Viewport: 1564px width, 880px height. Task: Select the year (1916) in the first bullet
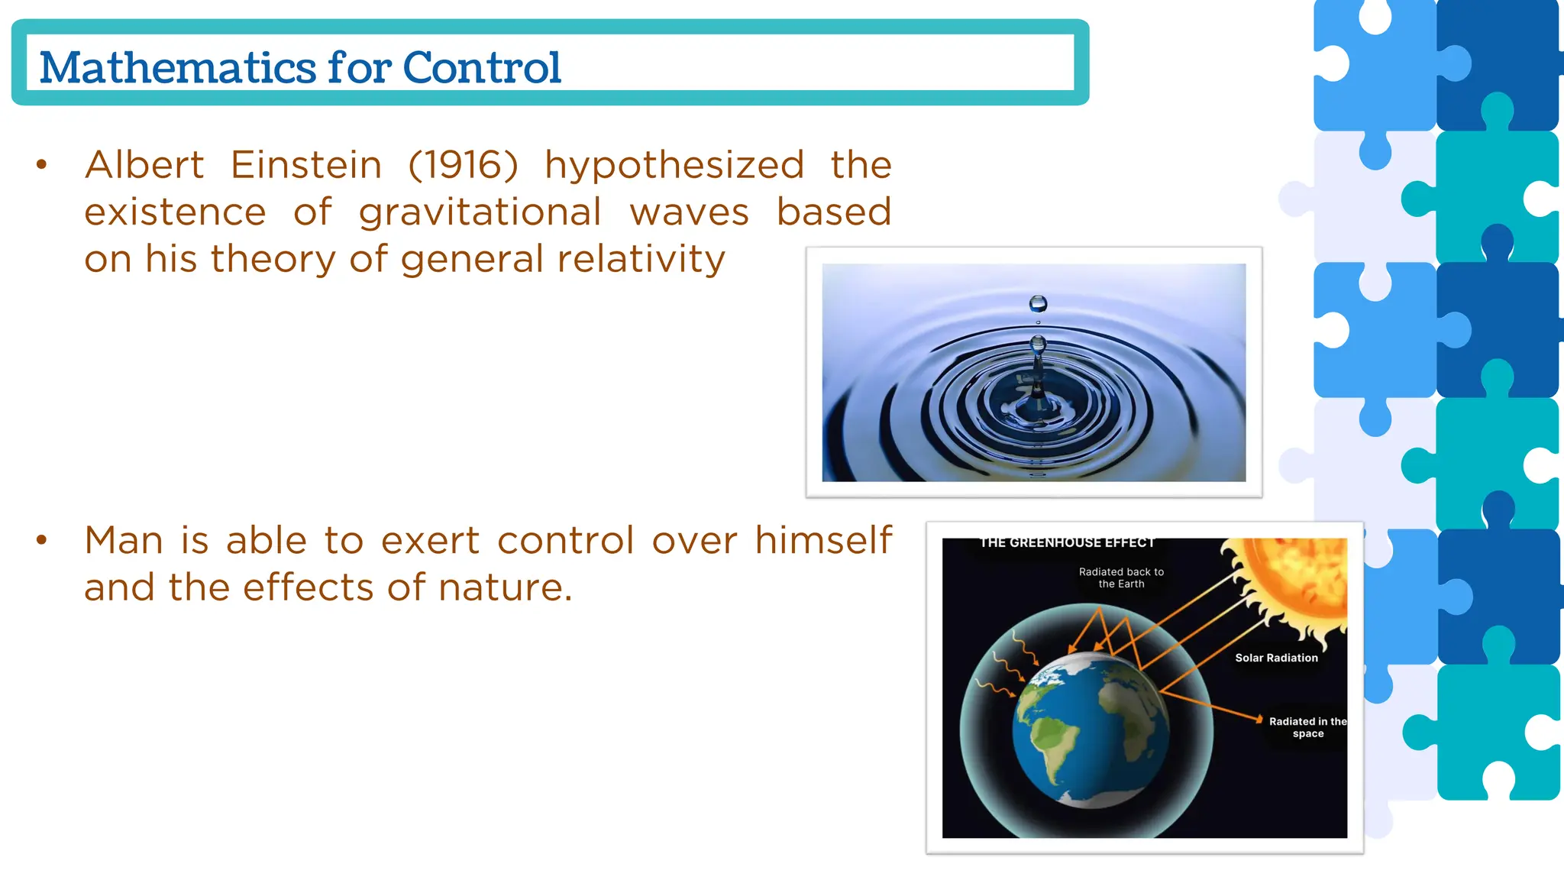[463, 165]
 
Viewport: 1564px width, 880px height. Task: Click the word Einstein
[306, 165]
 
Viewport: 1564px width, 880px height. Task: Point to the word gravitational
[480, 213]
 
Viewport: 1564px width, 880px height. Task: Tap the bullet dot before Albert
[42, 164]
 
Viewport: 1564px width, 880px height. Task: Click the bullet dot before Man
[42, 540]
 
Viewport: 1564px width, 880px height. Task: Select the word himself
[822, 540]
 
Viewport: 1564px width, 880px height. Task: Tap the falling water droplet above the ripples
[1038, 304]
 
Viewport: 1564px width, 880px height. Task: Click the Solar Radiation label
[1276, 658]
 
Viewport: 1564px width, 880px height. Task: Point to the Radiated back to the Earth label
[1121, 577]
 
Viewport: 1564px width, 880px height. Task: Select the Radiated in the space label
[1307, 727]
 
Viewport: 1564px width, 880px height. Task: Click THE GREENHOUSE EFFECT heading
[1067, 543]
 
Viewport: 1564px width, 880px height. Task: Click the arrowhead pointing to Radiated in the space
[1258, 719]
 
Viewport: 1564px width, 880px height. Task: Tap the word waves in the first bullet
[689, 213]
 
